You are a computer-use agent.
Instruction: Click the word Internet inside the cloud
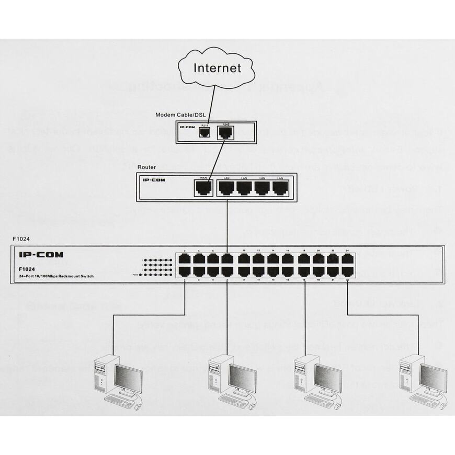[x=218, y=67]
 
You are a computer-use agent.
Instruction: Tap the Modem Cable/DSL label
[x=180, y=115]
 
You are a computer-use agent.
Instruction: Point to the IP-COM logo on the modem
[x=187, y=127]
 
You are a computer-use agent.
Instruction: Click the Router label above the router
[x=146, y=167]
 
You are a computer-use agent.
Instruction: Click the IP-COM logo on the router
[x=154, y=180]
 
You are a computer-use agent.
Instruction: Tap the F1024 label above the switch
[x=20, y=239]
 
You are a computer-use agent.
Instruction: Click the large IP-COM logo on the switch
[x=41, y=255]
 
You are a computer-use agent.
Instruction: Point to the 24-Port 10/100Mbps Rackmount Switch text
[x=56, y=276]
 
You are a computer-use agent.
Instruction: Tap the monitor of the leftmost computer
[x=128, y=378]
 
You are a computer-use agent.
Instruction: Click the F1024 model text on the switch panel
[x=27, y=269]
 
